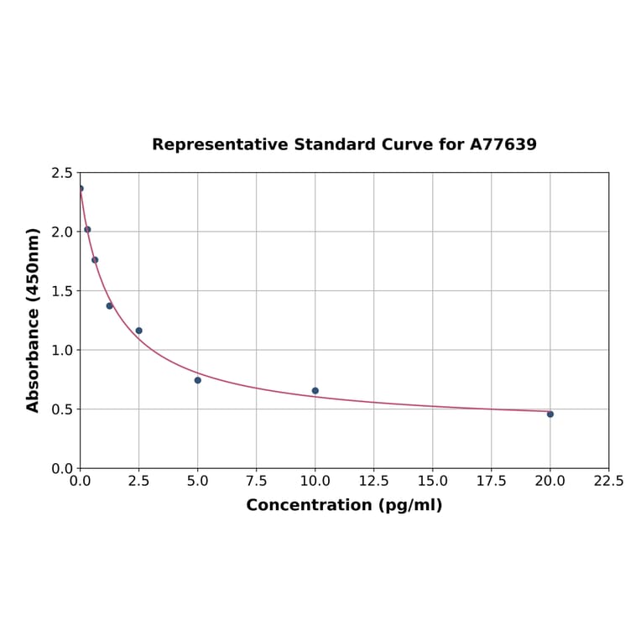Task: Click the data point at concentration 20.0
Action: point(550,414)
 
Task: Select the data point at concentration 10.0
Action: point(315,390)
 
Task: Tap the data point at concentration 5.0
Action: point(198,380)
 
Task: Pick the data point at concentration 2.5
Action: point(139,331)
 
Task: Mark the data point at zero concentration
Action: point(81,189)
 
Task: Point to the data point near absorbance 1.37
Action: point(110,305)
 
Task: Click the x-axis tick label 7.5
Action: point(256,482)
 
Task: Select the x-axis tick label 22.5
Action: point(608,482)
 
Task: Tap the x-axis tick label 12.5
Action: point(373,482)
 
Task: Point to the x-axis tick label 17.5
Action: point(491,482)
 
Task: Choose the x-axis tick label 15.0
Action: point(432,482)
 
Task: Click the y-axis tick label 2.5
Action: point(62,173)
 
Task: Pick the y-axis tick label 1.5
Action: point(62,291)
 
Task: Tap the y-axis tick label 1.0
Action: point(62,350)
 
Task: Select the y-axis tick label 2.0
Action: point(62,232)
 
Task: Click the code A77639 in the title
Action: point(503,145)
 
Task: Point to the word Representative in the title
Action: point(220,145)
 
